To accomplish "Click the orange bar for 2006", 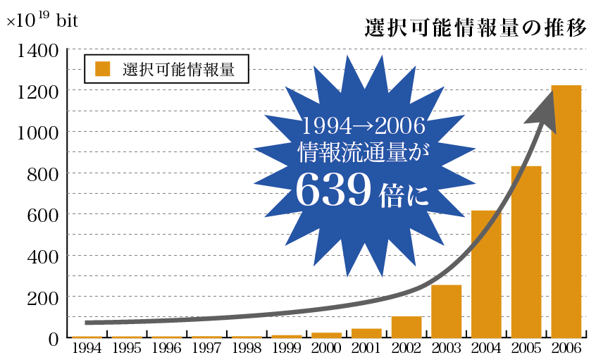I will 566,211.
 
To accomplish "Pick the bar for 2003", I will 446,310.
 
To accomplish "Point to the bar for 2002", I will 406,326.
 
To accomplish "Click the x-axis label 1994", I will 87,348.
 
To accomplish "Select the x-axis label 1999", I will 287,348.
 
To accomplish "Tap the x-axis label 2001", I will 366,348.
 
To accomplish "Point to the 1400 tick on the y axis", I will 33,51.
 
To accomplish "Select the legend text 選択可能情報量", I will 178,69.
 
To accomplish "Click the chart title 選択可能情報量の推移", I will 476,27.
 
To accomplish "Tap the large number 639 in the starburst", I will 333,190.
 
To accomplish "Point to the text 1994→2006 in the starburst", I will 364,127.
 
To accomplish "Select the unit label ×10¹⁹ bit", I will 42,20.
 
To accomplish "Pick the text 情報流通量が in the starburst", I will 364,151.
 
